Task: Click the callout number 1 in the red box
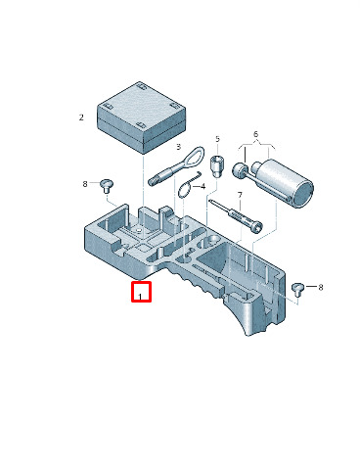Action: [140, 297]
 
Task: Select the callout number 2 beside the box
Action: [81, 117]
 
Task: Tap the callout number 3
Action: [178, 147]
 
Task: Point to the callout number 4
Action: [202, 187]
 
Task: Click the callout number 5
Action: [217, 139]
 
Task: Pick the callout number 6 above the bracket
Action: [255, 134]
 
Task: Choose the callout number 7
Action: [240, 195]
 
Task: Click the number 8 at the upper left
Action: [85, 184]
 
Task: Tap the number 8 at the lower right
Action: [321, 288]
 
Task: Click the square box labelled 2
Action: [142, 117]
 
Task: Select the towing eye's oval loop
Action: [196, 157]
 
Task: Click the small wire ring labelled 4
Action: [185, 190]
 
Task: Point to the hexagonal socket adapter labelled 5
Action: [216, 166]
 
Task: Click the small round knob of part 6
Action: [239, 171]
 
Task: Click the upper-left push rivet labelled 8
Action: [106, 185]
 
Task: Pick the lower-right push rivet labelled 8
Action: [297, 288]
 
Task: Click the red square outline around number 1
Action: [141, 292]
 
